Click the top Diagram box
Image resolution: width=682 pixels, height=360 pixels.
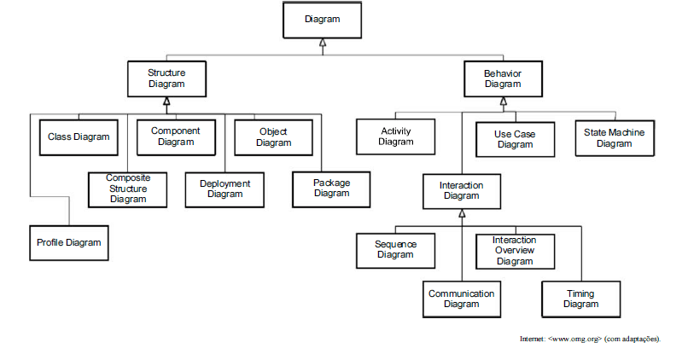[322, 20]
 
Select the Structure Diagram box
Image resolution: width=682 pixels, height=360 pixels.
[166, 78]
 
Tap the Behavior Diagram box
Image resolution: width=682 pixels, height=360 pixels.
[503, 78]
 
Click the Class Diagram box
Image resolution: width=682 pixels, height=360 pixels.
[79, 136]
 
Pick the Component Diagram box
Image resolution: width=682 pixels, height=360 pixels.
[176, 136]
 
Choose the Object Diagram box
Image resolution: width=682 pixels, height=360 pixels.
[273, 136]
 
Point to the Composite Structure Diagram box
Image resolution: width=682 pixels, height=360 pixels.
[127, 188]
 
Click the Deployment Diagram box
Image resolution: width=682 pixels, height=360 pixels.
[224, 189]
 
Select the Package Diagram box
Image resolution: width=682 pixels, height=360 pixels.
[331, 188]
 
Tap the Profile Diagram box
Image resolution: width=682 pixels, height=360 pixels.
[69, 243]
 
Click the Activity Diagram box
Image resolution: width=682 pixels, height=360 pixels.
[395, 136]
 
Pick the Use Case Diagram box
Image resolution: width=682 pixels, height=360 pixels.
[515, 138]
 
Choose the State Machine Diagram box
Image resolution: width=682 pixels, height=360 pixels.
[614, 137]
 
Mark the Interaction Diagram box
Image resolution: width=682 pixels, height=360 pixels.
[461, 190]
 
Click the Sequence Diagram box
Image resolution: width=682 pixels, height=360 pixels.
[395, 249]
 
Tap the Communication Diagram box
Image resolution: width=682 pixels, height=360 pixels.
[461, 299]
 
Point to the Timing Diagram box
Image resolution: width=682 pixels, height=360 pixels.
[580, 299]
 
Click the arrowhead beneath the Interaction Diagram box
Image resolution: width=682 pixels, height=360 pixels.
[461, 213]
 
